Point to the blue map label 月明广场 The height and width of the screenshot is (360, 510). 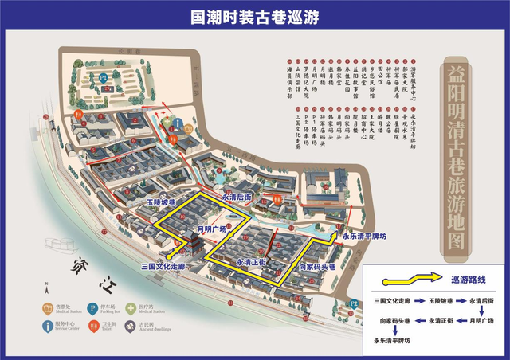point(211,230)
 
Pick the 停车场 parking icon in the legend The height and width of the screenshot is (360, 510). point(92,307)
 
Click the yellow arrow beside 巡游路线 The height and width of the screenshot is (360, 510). point(412,279)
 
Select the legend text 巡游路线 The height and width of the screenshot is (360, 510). point(468,280)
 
